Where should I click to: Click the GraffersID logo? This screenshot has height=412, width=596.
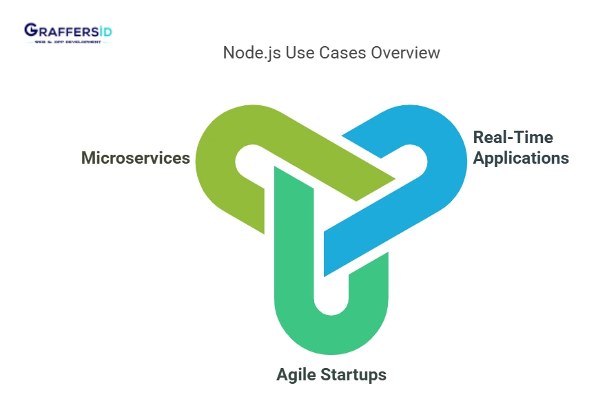68,33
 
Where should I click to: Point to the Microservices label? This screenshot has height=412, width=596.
136,158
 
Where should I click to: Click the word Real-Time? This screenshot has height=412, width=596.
513,138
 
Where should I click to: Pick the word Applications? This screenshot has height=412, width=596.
522,158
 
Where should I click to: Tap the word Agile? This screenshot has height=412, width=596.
300,375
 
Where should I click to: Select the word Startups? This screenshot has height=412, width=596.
356,375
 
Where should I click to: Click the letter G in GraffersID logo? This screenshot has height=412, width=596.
31,30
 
